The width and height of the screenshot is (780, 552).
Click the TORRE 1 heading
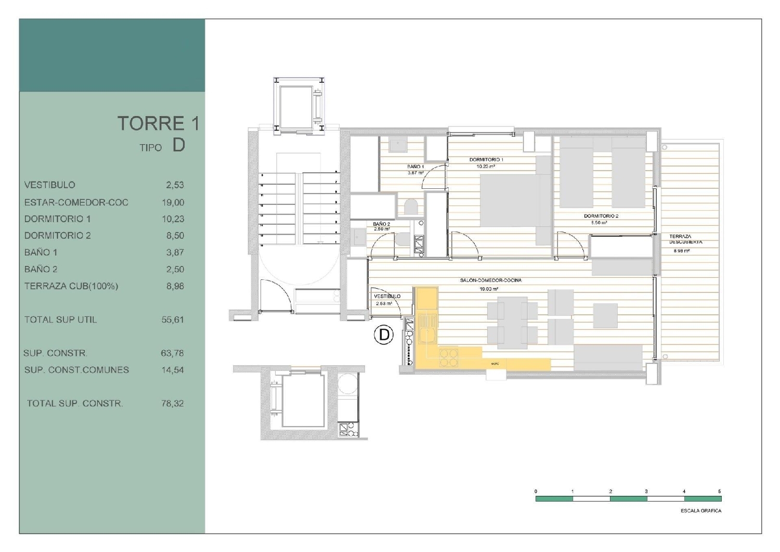click(158, 123)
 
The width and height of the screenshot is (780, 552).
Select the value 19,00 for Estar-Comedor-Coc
click(173, 202)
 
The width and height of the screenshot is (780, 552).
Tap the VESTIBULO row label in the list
click(49, 185)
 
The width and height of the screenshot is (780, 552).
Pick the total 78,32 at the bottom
click(172, 403)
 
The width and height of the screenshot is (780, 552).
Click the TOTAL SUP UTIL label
click(60, 319)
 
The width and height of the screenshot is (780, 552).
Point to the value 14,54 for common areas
click(172, 370)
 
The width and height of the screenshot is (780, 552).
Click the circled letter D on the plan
click(384, 335)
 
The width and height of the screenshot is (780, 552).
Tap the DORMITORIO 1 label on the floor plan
click(486, 160)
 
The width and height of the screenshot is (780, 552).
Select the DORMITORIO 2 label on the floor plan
click(601, 216)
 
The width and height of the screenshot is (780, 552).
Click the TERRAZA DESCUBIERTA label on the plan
click(685, 239)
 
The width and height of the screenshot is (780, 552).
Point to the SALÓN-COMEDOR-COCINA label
click(490, 280)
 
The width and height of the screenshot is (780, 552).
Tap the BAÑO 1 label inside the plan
click(415, 166)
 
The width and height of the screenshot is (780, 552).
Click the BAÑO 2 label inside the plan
click(381, 224)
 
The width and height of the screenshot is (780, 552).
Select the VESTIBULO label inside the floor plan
click(387, 296)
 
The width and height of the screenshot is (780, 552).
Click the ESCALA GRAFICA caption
click(700, 510)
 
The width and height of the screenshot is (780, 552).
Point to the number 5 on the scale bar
click(719, 491)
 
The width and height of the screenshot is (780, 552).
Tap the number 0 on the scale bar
click(536, 491)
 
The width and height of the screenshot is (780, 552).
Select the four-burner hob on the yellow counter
click(449, 357)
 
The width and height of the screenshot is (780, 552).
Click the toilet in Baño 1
click(411, 207)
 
